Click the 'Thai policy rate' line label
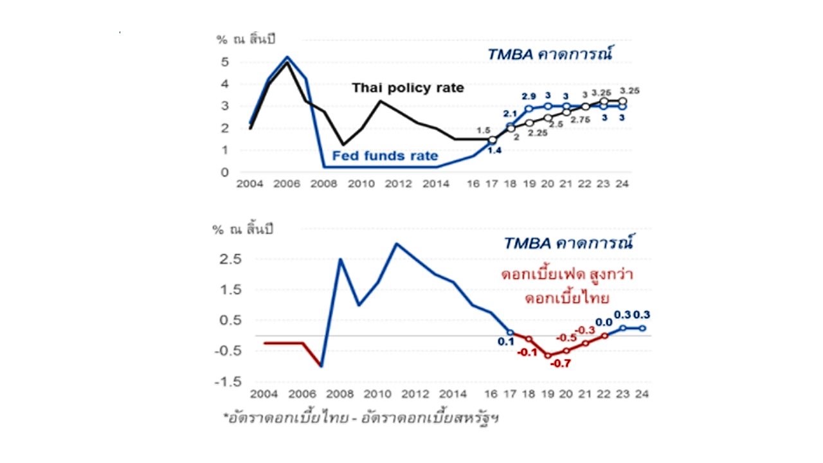[408, 88]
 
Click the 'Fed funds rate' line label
[385, 156]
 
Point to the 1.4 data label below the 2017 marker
[494, 150]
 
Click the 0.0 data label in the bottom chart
[604, 322]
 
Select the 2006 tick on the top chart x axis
[287, 184]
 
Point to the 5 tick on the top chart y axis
[224, 62]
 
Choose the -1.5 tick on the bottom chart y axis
[231, 381]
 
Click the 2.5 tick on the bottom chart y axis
[233, 259]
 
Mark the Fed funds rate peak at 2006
[287, 57]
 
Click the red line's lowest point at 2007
[321, 366]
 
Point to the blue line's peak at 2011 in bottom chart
[396, 244]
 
